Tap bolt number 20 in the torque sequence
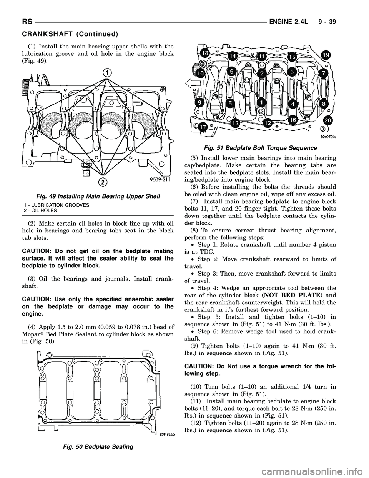click(x=328, y=120)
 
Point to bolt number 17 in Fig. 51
click(x=203, y=125)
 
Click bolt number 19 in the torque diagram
click(x=326, y=53)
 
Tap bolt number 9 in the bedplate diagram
click(x=199, y=103)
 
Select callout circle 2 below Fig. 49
click(x=102, y=181)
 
